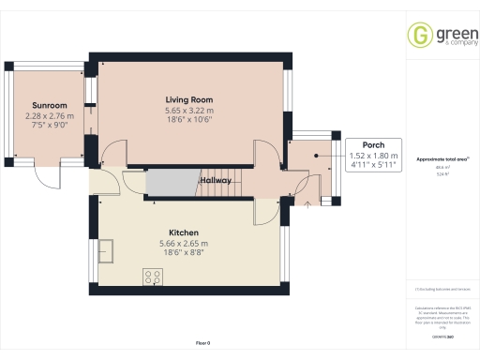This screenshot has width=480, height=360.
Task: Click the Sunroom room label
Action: point(48,106)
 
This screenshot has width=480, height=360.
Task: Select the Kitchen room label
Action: point(183,232)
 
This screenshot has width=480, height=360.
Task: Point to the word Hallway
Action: point(215,180)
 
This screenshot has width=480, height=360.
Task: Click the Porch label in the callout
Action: point(360,144)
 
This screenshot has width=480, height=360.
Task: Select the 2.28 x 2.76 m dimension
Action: point(48,116)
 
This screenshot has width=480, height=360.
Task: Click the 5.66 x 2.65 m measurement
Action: point(183,243)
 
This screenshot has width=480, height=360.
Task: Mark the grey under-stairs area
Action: point(167,182)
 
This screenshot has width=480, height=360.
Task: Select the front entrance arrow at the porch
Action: point(307,202)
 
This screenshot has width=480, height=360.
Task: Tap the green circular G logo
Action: point(418,36)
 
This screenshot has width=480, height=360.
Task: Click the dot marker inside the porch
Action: point(316,156)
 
